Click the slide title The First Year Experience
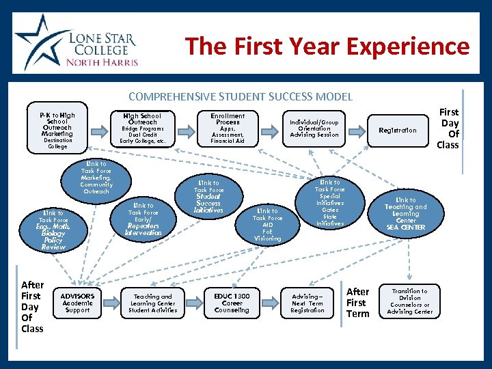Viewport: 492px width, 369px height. tap(327, 46)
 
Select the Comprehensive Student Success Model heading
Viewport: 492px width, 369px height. tap(241, 96)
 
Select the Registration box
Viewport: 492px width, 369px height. tap(398, 130)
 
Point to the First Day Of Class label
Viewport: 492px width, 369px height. tap(448, 128)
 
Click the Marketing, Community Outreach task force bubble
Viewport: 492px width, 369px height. tap(96, 178)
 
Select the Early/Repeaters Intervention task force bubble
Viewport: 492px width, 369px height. tap(143, 219)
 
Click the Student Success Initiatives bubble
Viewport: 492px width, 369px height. tap(208, 197)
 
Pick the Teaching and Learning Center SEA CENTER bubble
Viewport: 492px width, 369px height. tap(405, 214)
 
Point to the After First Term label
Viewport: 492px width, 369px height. tap(357, 303)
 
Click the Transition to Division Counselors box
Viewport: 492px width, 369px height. tap(409, 301)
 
